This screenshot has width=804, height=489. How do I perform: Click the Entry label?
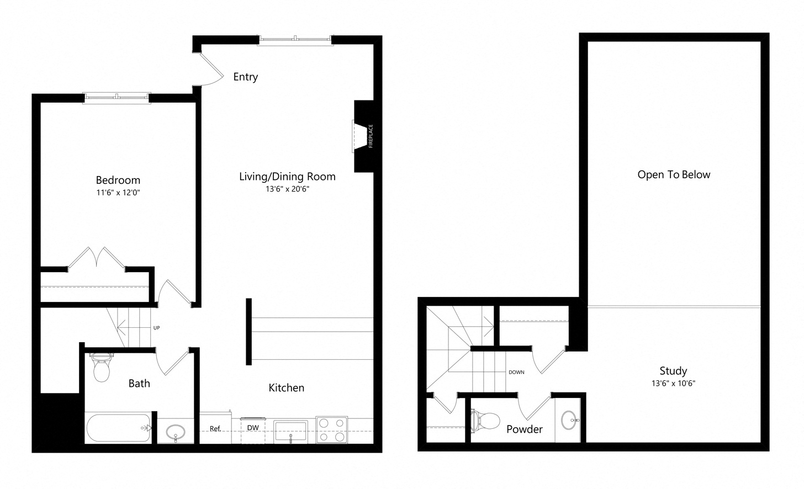[x=246, y=77]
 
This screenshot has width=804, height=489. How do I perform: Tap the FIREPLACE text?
[x=371, y=136]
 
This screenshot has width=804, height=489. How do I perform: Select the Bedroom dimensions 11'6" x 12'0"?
[x=118, y=193]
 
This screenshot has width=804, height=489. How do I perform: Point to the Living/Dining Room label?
[x=287, y=177]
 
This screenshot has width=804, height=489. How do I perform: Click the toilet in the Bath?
[x=101, y=368]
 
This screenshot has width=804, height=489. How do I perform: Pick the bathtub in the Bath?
[x=118, y=428]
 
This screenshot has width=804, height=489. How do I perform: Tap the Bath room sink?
[x=176, y=432]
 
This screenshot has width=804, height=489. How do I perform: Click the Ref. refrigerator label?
[x=215, y=428]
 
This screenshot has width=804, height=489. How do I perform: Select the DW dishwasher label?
[x=253, y=428]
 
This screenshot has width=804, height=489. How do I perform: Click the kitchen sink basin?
[x=290, y=430]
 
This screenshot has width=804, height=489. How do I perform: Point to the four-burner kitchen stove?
[x=332, y=429]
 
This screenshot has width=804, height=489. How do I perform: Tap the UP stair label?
[x=156, y=328]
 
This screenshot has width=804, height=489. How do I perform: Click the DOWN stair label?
[x=516, y=373]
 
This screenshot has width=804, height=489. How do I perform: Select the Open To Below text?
[x=674, y=175]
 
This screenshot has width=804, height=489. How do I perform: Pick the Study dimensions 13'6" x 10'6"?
[x=673, y=383]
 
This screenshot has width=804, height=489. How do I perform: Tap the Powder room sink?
[x=570, y=420]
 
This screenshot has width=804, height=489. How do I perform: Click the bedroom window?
[x=117, y=98]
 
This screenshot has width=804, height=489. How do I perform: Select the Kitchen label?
[x=287, y=388]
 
